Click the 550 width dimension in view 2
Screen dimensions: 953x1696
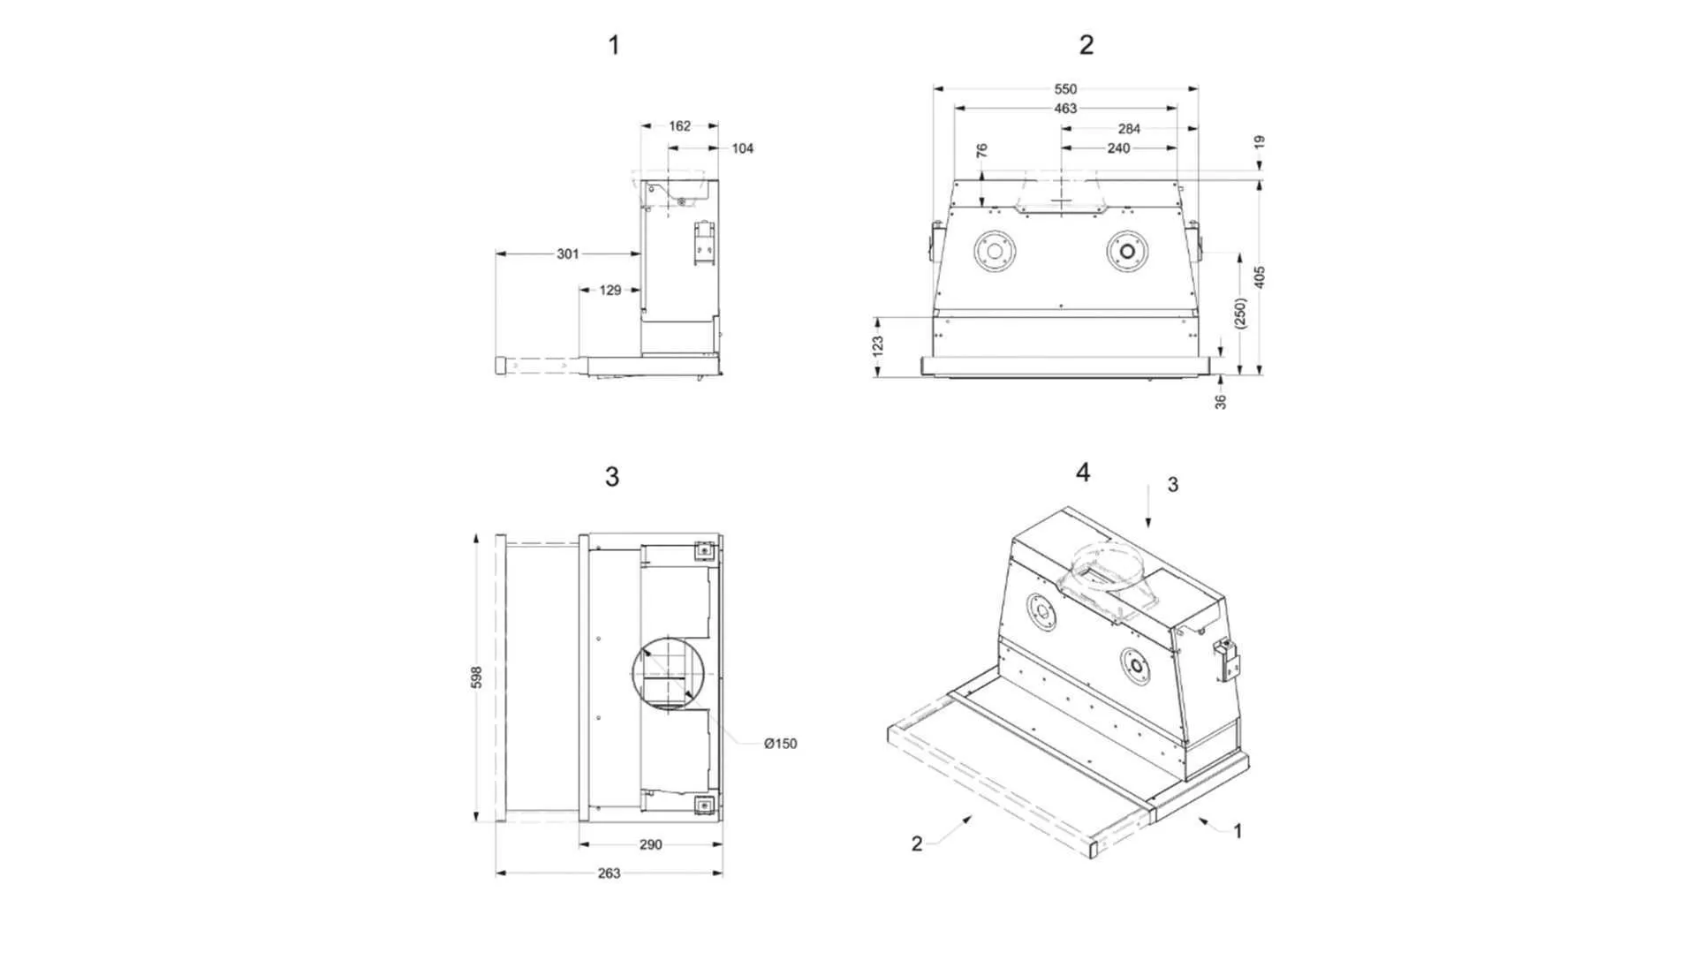[1065, 89]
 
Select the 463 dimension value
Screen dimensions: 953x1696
[1065, 109]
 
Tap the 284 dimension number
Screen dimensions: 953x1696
[1129, 129]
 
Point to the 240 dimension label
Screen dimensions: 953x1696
[1118, 148]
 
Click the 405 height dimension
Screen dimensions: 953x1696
[1260, 276]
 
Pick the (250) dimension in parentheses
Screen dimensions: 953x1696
[1240, 314]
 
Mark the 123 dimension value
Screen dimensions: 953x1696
[877, 346]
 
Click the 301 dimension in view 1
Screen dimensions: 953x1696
[568, 254]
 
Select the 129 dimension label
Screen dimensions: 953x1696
[610, 290]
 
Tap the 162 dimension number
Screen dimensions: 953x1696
[679, 126]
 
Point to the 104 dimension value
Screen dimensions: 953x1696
[742, 148]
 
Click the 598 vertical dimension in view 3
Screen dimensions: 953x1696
[477, 677]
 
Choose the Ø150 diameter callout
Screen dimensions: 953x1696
[780, 744]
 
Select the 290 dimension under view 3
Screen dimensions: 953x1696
[650, 844]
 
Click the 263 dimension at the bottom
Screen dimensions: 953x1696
[609, 874]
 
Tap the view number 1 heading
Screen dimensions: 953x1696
[614, 45]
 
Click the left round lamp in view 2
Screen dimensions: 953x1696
[994, 252]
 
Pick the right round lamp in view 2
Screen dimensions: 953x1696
[1126, 252]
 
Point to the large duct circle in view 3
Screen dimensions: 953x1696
[670, 672]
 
